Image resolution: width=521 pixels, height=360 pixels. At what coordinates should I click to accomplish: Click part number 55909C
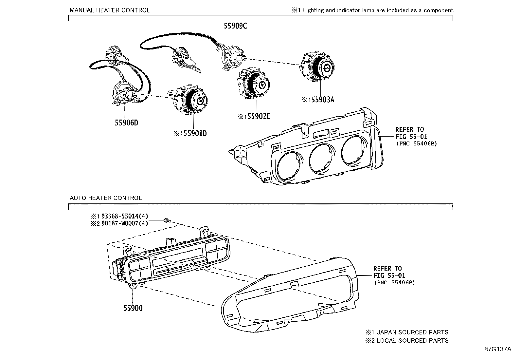coord(235,26)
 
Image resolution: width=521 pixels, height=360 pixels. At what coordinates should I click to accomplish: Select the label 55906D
coord(126,123)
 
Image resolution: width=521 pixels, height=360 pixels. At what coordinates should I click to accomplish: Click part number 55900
coord(133,308)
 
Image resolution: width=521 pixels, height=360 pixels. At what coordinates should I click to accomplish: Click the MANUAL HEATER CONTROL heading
coord(110,10)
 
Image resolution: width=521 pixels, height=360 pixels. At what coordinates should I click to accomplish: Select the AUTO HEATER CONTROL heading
coord(106,198)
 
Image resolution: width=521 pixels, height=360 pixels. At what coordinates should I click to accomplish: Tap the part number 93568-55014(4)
coord(125,216)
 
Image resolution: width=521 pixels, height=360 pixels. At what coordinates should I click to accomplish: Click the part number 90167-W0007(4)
coord(125,223)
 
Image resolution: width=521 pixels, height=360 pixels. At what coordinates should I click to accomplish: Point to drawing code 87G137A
coord(497,349)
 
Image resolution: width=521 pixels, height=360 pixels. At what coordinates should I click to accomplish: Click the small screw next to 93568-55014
coord(167,220)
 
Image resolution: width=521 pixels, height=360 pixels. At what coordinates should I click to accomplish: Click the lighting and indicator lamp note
coord(373,10)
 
